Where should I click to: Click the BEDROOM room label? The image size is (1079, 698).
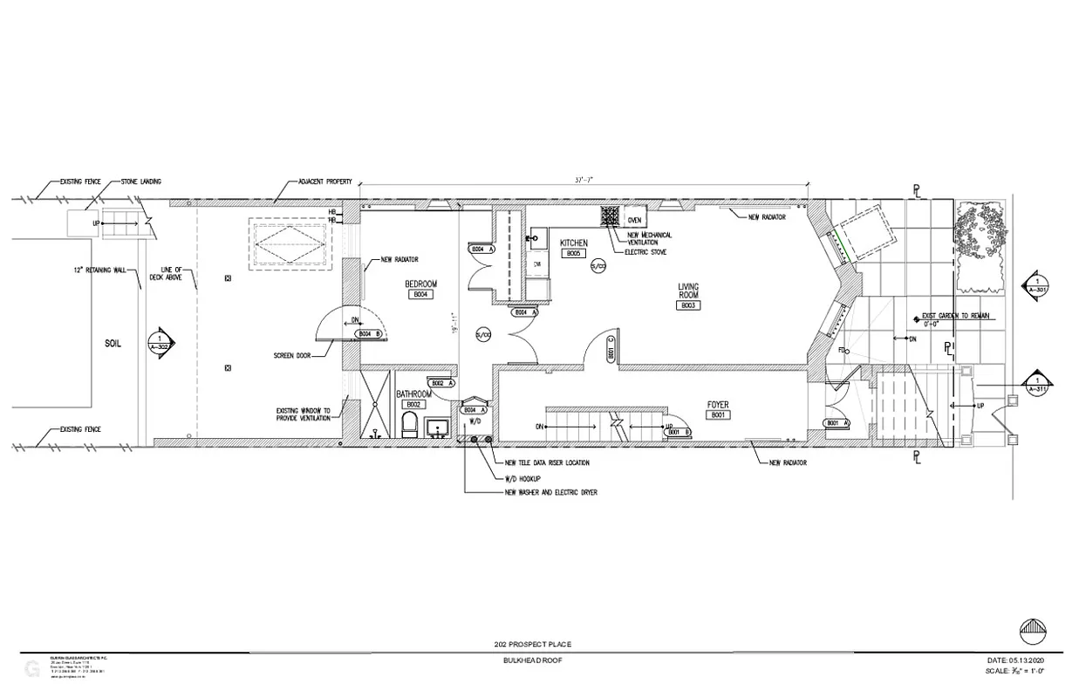click(420, 284)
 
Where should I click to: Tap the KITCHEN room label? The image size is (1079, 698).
click(574, 243)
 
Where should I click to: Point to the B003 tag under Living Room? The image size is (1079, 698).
click(688, 305)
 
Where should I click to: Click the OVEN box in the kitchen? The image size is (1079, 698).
click(634, 220)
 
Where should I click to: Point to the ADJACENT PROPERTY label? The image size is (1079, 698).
click(325, 181)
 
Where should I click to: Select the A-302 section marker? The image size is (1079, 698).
click(160, 341)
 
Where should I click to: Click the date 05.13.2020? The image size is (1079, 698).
click(1027, 660)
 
